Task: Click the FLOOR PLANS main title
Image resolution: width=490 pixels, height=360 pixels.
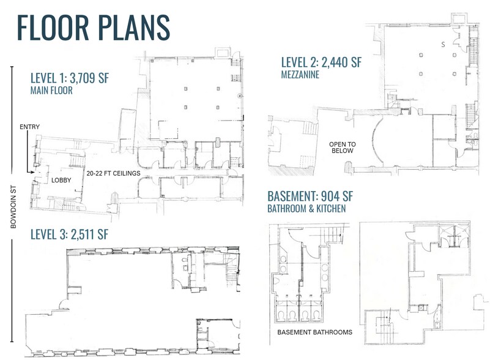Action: (x=93, y=28)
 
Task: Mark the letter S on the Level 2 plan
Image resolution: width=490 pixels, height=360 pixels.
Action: (x=443, y=45)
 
